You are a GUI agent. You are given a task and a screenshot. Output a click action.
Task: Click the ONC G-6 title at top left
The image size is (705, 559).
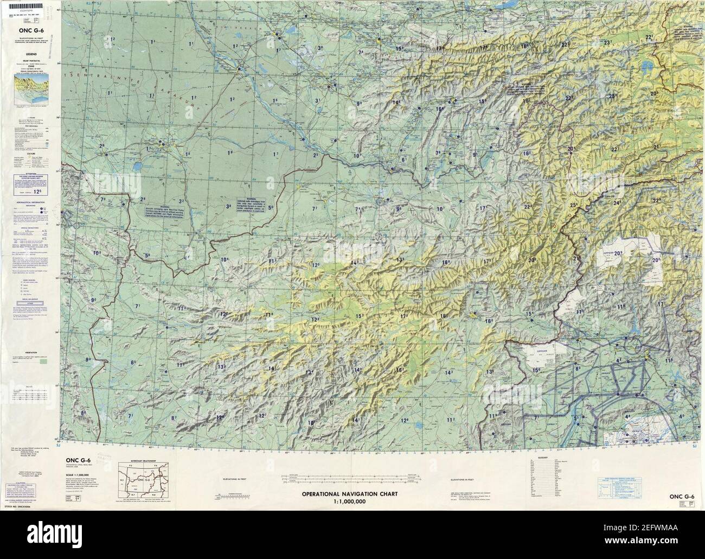click(x=28, y=30)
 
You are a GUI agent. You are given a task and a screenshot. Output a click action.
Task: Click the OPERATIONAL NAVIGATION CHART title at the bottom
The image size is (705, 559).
click(x=350, y=494)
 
